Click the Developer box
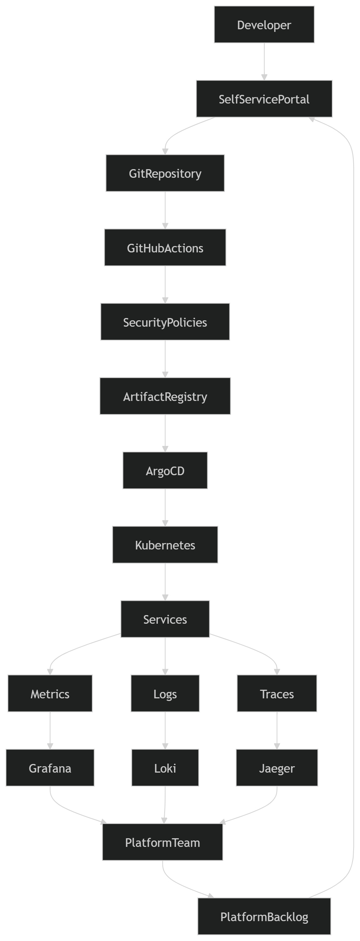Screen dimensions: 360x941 [264, 24]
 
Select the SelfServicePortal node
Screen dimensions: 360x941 [264, 99]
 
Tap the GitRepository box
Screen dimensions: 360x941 [165, 173]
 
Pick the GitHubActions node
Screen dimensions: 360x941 [165, 248]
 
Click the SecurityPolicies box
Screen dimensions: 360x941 [165, 322]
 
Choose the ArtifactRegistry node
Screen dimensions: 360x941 [165, 396]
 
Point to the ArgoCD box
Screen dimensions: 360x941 [165, 470]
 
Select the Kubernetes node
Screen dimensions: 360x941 [165, 545]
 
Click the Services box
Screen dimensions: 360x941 [165, 619]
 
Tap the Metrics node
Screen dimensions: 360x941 [50, 693]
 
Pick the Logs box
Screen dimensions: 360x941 [165, 693]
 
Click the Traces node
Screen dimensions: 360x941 [277, 693]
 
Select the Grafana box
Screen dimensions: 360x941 [50, 768]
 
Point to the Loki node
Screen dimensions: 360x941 [165, 768]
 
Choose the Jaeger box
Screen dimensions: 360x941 [277, 768]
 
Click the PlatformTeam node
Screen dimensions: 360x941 [162, 842]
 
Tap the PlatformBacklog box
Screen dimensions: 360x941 [264, 916]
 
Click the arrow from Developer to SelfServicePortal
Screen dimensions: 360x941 [264, 62]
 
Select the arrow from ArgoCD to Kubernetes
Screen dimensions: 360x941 [165, 507]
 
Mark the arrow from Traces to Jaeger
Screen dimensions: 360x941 [277, 731]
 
